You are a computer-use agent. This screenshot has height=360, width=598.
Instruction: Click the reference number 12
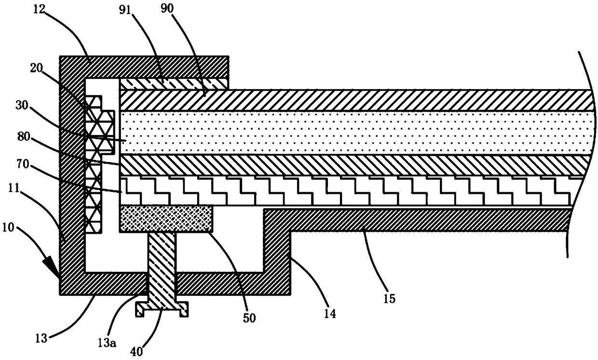pos(39,9)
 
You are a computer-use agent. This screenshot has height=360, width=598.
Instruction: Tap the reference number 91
pos(125,10)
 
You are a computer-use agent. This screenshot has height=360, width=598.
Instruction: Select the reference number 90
pos(167,9)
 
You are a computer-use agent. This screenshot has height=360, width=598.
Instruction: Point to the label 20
pos(36,68)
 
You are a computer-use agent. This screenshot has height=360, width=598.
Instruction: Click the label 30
pos(22,105)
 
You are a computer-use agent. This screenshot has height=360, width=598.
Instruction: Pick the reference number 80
pos(24,137)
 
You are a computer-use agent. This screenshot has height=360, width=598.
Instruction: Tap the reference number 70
pos(23,164)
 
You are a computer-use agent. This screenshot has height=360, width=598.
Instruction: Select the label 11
pos(14,188)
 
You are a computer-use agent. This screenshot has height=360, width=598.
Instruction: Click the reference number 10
pos(8,227)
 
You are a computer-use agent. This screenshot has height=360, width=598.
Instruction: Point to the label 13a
pos(107,343)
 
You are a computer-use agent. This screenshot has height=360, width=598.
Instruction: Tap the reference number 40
pos(136,352)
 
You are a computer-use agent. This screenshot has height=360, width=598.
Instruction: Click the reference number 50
pos(249,318)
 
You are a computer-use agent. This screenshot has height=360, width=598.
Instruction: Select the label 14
pos(330,314)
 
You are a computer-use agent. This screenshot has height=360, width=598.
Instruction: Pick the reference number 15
pos(389,299)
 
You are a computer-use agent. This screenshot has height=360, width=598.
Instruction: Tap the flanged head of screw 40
pos(162,309)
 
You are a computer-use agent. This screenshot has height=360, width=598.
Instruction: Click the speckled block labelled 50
pos(166,219)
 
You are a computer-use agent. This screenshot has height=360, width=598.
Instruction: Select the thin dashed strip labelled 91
pos(174,84)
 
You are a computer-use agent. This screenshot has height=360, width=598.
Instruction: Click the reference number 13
pos(41,338)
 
